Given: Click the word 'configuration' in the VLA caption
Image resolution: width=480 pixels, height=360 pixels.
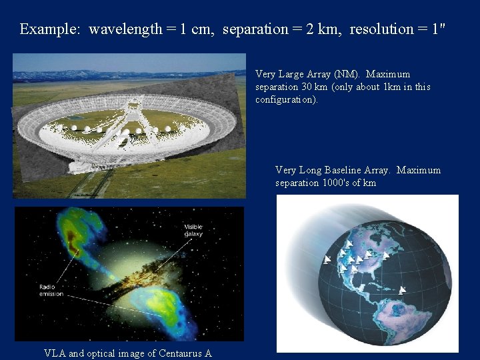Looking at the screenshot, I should pyautogui.click(x=286, y=99).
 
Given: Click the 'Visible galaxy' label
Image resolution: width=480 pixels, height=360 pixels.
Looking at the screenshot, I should pyautogui.click(x=193, y=230).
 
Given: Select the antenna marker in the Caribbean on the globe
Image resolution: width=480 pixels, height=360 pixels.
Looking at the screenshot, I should pyautogui.click(x=401, y=290).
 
